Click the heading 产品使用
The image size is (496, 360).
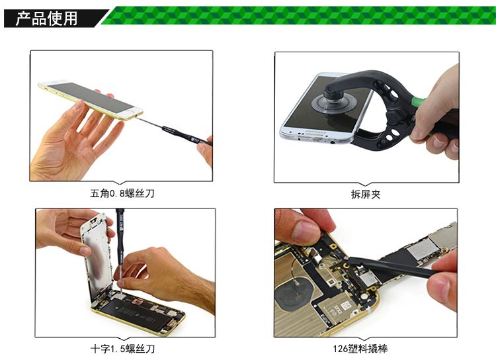46,19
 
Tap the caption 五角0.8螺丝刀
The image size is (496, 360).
122,193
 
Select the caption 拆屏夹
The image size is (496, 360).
366,195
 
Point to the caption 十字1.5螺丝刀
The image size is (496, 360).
123,349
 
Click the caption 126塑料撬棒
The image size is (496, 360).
360,349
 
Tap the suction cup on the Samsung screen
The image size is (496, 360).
335,102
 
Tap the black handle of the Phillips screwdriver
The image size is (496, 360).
120,236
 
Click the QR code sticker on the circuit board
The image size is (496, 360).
347,306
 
